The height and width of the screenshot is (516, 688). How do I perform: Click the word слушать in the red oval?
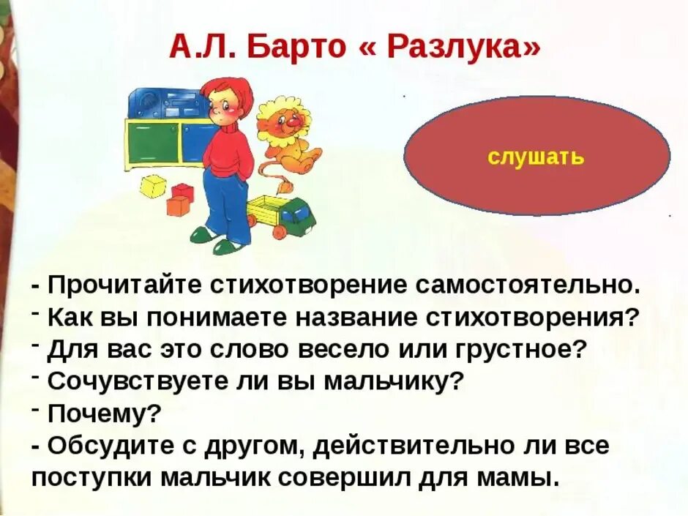[x=536, y=156]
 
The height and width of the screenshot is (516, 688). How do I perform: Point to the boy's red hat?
[x=228, y=91]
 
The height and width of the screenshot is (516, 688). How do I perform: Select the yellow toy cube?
[x=154, y=186]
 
